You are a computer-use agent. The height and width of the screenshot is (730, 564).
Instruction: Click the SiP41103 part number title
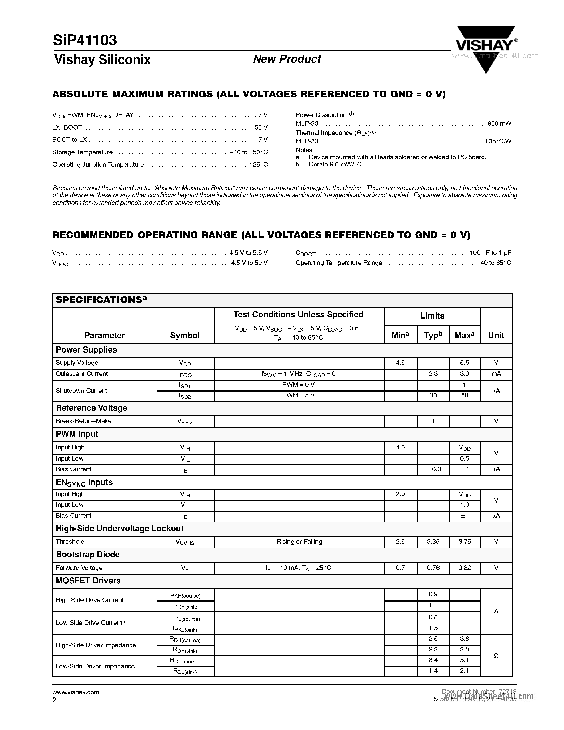[x=84, y=40]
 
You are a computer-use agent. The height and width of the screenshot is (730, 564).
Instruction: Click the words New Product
[x=287, y=59]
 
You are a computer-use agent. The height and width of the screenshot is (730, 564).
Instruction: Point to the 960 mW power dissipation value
[x=499, y=123]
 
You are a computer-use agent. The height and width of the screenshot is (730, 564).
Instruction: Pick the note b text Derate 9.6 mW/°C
[x=335, y=165]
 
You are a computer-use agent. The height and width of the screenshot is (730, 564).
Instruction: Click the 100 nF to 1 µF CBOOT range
[x=490, y=253]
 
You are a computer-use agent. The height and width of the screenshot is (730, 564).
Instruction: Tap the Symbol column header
[x=185, y=335]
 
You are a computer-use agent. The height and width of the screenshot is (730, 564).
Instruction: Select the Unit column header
[x=496, y=335]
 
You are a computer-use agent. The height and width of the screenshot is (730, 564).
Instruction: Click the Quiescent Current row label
[x=82, y=374]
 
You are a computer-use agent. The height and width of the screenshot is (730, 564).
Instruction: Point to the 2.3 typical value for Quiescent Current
[x=433, y=374]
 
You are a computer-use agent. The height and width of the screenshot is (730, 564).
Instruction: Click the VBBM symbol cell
[x=185, y=422]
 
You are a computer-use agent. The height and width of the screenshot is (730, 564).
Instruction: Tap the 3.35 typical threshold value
[x=433, y=542]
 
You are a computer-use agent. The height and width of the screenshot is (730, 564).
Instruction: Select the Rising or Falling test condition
[x=299, y=542]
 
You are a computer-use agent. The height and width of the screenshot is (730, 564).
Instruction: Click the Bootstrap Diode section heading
[x=88, y=555]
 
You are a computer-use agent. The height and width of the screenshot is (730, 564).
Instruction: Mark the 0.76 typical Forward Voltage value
[x=433, y=568]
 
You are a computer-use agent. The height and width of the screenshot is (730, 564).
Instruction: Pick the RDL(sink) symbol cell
[x=185, y=671]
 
